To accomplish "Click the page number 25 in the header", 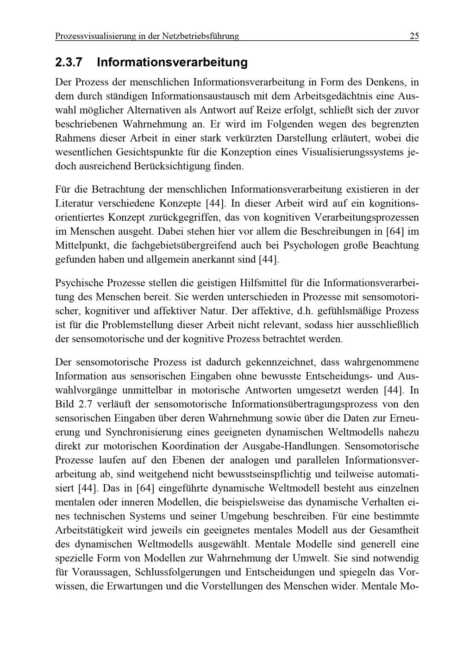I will (414, 36).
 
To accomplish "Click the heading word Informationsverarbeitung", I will (172, 62).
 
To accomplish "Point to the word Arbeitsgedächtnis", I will (330, 96).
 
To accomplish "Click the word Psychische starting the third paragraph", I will (77, 282).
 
